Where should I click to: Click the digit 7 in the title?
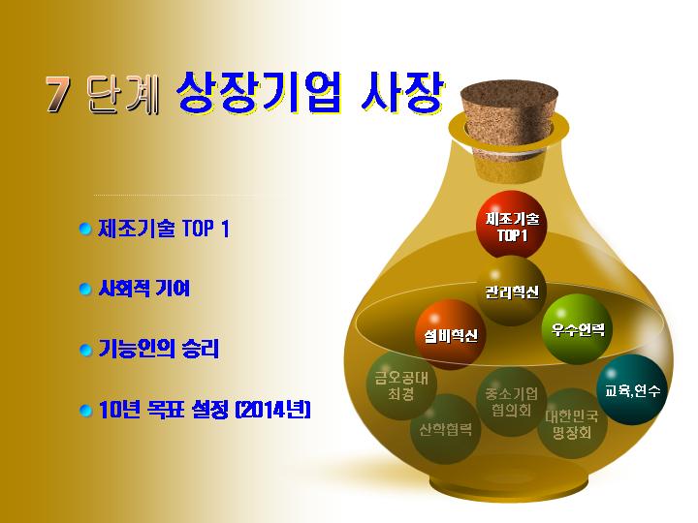58,93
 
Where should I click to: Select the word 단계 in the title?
123,93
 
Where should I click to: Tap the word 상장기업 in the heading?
259,91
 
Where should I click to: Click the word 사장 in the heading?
402,91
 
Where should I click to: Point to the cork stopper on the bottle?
509,130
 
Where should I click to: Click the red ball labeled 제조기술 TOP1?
512,226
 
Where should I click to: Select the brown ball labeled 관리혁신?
512,291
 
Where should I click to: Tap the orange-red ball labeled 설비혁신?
450,334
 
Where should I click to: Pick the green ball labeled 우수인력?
577,329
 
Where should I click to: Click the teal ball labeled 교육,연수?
632,389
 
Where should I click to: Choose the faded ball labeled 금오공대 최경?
401,385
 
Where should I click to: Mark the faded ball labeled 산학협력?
445,429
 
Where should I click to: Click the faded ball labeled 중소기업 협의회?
512,402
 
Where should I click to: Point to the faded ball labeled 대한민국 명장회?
572,423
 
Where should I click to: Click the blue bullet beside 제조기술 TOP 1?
85,229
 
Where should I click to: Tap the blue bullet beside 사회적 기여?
85,289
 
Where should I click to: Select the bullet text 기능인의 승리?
158,349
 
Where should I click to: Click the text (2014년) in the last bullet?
272,409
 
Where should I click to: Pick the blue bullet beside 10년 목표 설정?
85,410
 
